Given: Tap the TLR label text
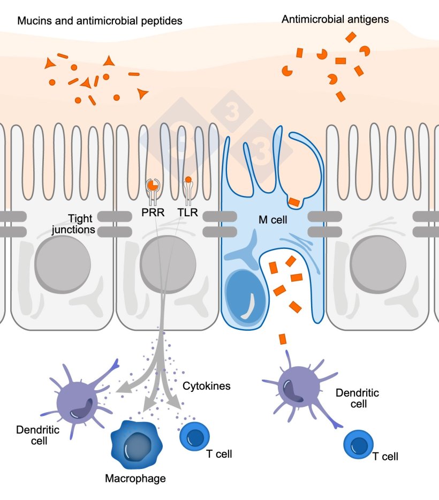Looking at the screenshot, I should (187, 213).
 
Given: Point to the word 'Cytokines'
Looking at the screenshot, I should (207, 385).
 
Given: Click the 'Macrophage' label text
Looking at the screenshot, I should (135, 478).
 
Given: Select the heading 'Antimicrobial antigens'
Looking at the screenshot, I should (335, 20).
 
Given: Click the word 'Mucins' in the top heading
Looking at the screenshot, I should (32, 21).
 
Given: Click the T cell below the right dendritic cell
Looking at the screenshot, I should (358, 444).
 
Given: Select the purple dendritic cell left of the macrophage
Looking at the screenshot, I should (80, 399).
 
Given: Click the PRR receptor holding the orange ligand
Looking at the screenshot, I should (152, 187).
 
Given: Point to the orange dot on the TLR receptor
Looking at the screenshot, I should (187, 179).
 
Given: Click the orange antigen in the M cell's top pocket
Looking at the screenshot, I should (294, 201).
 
